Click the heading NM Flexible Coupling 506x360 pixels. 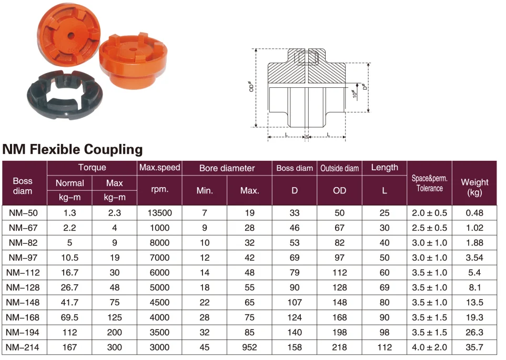pos(73,149)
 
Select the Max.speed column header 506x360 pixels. pos(159,168)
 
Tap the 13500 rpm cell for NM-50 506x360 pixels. pos(159,213)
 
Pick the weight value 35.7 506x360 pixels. pos(474,347)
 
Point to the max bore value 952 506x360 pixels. pos(249,347)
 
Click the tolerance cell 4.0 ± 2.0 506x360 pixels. pos(429,347)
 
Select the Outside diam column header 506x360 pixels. pos(339,168)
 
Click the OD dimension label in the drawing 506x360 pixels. pos(252,87)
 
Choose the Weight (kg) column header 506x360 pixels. pos(474,187)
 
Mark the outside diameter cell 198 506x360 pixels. pos(339,333)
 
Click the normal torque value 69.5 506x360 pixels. pos(69,317)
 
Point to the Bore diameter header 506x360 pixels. pos(227,168)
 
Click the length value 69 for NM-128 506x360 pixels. pos(384,287)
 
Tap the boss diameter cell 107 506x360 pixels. pos(295,302)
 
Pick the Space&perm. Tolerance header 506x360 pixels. pos(429,183)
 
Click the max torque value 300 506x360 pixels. pos(114,347)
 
